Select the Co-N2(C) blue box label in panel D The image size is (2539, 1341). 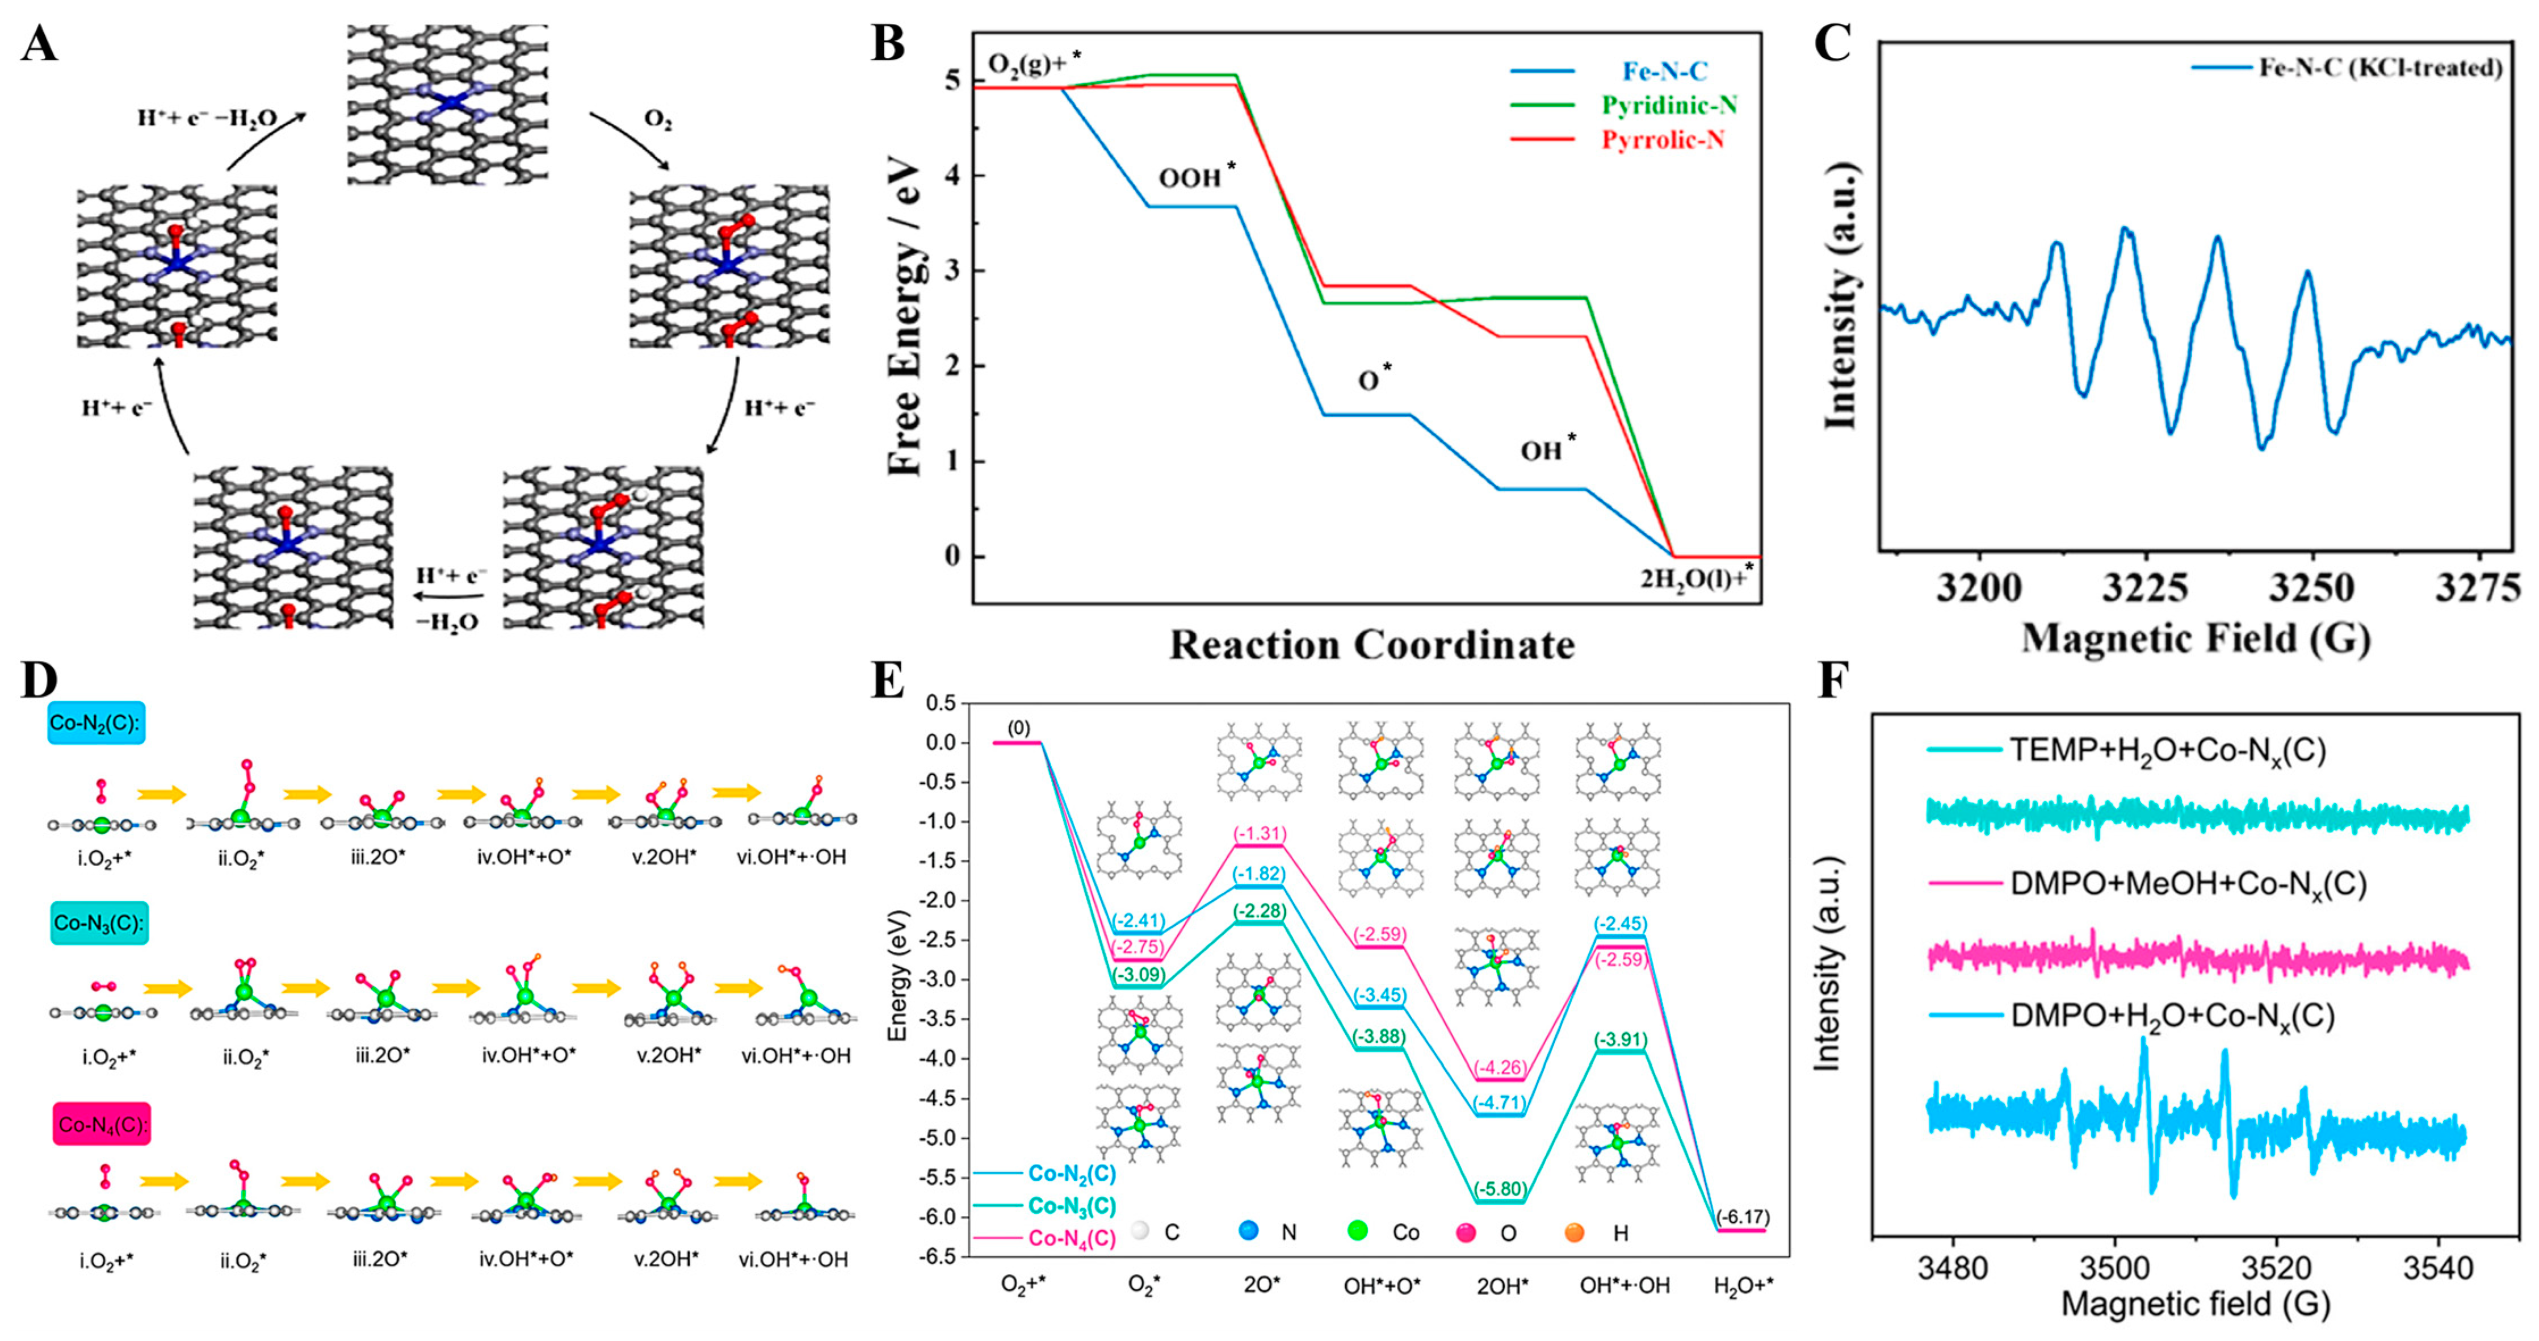(x=95, y=723)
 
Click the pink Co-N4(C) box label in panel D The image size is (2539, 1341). (x=102, y=1125)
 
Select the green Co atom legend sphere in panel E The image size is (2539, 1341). (x=1357, y=1231)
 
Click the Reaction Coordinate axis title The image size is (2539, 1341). (x=1372, y=645)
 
